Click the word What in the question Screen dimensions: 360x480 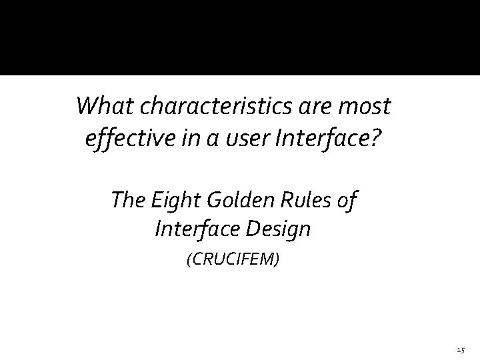[x=99, y=105]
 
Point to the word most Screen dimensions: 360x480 [x=367, y=106]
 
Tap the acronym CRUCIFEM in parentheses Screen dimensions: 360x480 [x=233, y=258]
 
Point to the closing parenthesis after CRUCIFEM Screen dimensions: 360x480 [x=277, y=258]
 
